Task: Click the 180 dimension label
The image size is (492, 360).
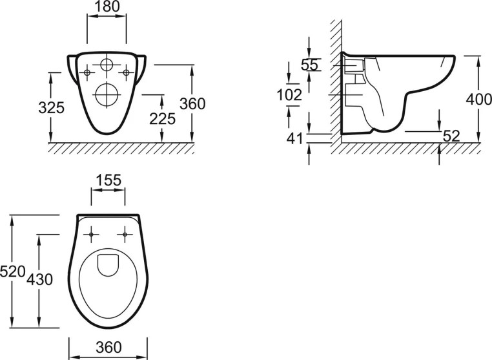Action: [107, 6]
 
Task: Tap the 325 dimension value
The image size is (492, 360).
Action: [52, 108]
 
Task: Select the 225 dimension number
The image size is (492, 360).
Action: [162, 119]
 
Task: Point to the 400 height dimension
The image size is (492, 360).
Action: [479, 100]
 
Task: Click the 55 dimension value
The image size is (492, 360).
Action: [309, 65]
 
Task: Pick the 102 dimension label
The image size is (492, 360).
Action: [289, 95]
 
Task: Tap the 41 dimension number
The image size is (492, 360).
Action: [294, 138]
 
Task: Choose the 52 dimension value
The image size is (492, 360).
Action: [451, 136]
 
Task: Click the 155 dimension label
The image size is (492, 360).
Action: [108, 180]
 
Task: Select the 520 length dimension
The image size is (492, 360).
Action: [12, 271]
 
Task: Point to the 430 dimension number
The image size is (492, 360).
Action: [39, 279]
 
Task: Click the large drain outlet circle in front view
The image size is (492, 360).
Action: [107, 94]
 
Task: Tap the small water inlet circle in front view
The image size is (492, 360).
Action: [107, 65]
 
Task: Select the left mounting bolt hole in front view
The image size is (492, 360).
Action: [87, 72]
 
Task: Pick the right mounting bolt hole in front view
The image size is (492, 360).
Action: [126, 72]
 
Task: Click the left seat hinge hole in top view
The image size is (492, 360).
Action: [91, 235]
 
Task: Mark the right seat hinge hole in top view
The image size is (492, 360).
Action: [125, 235]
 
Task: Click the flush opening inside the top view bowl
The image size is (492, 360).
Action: [108, 266]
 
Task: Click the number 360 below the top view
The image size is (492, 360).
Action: [108, 348]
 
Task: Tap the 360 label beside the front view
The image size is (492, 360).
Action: [192, 103]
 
